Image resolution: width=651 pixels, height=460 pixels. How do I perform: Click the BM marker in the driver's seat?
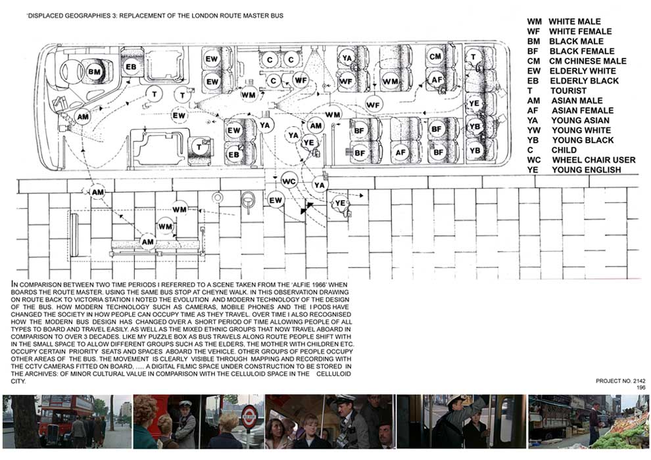click(x=95, y=72)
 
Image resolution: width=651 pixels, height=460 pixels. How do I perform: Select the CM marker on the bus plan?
click(x=435, y=57)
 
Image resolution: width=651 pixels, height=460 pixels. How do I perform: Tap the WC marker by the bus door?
click(x=289, y=181)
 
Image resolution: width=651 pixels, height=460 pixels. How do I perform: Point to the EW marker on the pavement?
click(x=276, y=200)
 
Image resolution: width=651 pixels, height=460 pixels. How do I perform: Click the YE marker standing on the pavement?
click(x=340, y=203)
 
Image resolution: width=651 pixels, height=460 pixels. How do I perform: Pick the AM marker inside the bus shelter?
click(x=148, y=242)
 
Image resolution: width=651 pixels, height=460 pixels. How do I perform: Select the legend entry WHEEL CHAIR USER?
click(x=594, y=160)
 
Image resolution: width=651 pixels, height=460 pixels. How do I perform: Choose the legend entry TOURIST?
click(x=568, y=91)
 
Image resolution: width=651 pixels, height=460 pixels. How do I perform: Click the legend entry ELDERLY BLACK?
click(x=584, y=81)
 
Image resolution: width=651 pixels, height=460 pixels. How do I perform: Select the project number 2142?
click(x=639, y=380)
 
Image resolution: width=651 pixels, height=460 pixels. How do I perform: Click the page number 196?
click(x=641, y=388)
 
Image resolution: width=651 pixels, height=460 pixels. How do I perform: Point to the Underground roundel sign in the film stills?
click(x=249, y=415)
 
